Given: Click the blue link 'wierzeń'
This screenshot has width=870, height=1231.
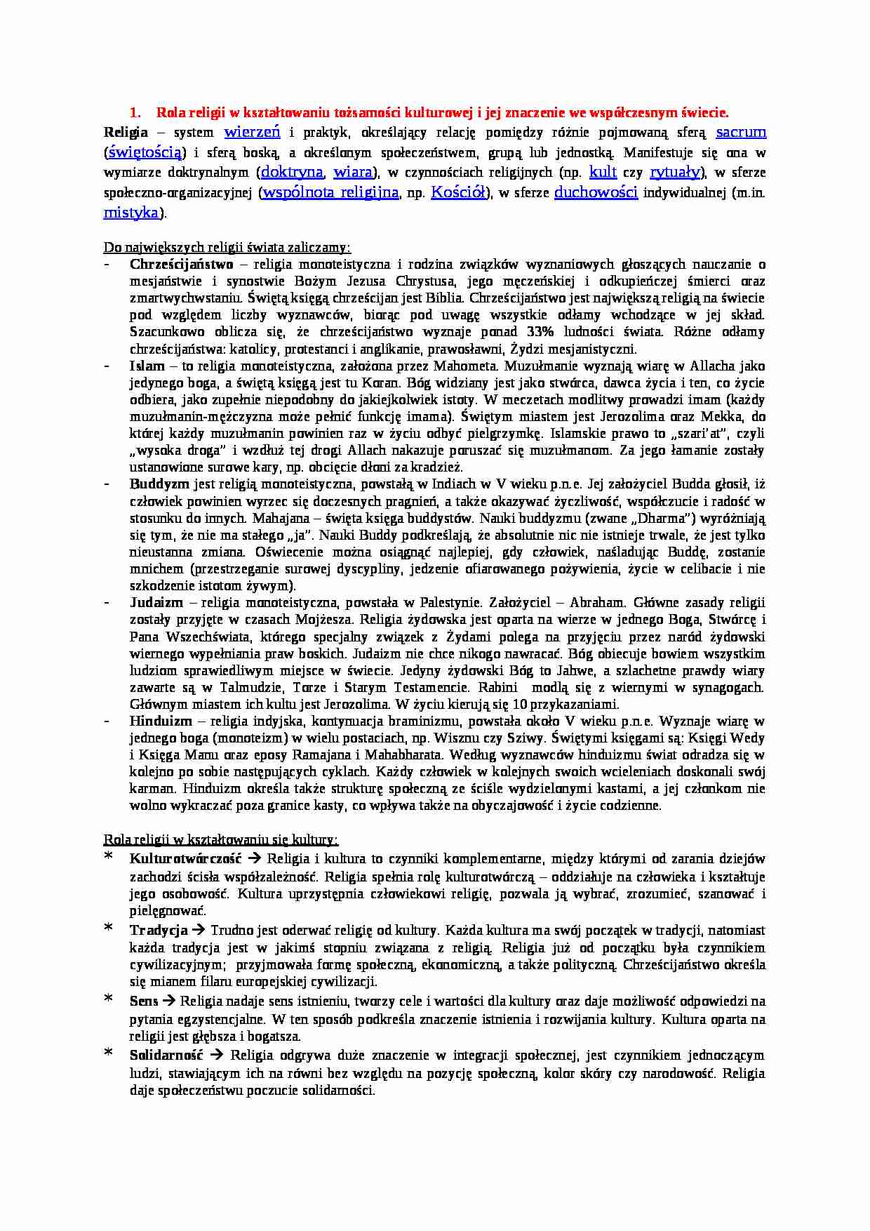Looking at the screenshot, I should [x=252, y=132].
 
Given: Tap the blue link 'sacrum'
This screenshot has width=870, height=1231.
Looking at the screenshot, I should [x=740, y=132].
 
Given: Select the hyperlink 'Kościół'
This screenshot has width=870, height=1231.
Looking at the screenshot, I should [x=458, y=193].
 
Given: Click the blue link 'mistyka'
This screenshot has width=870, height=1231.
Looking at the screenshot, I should [x=131, y=213].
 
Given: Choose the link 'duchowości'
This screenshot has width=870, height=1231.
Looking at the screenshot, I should [x=596, y=193].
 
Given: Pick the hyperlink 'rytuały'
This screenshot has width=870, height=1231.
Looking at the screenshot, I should [x=674, y=173].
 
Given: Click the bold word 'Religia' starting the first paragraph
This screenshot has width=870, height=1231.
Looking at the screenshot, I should [x=126, y=133].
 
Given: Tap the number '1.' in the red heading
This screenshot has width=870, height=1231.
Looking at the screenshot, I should [x=136, y=112].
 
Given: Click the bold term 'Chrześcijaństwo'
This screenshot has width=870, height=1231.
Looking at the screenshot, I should [x=181, y=265].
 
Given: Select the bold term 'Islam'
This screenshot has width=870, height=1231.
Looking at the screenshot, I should [x=147, y=366].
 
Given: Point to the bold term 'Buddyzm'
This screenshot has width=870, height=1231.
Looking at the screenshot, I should [x=159, y=484].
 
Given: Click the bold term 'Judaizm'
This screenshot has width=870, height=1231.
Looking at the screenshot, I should [x=156, y=603].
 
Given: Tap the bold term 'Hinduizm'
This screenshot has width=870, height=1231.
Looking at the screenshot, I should [x=161, y=721].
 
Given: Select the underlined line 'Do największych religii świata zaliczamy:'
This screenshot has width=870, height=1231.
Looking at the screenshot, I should [x=227, y=248].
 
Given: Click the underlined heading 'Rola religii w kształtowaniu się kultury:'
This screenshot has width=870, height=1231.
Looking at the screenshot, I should [x=221, y=840].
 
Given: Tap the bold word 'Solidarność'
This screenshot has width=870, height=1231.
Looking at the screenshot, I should [x=166, y=1056].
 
